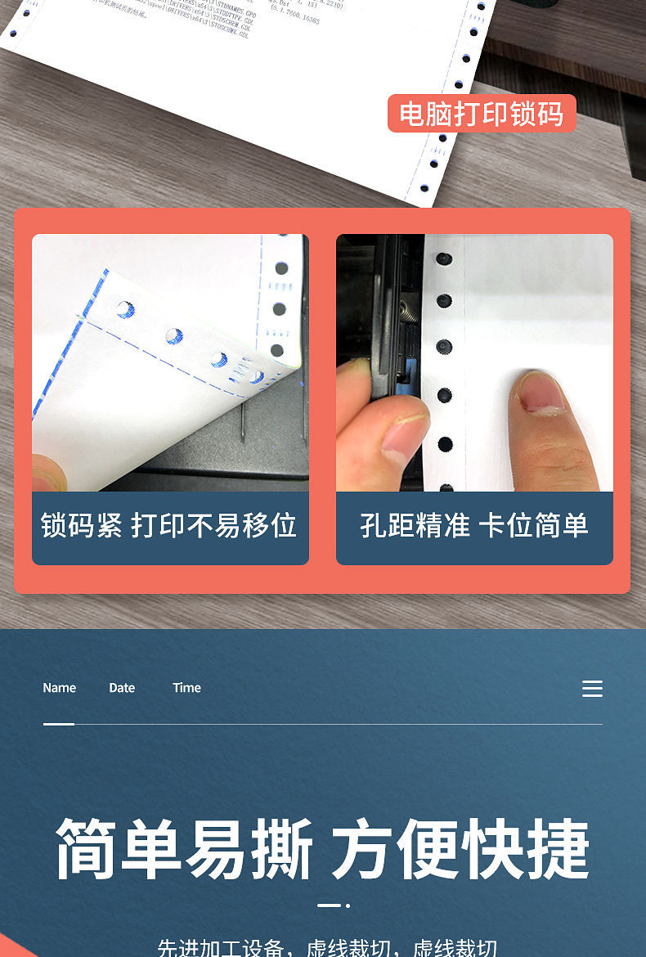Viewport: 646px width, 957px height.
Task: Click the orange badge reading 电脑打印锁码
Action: [x=482, y=114]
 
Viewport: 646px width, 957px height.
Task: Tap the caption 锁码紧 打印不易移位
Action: [x=169, y=525]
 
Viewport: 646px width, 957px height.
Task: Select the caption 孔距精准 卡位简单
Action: [x=474, y=525]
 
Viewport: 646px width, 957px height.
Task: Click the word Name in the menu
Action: [x=59, y=688]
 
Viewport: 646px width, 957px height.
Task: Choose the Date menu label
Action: [x=122, y=688]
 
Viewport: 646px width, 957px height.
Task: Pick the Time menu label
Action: [x=186, y=688]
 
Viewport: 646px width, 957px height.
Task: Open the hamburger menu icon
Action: [x=592, y=689]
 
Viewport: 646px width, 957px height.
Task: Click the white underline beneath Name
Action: [x=59, y=724]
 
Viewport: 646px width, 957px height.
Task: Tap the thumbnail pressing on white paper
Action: [x=541, y=393]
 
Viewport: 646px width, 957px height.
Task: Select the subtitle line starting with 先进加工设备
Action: [x=327, y=948]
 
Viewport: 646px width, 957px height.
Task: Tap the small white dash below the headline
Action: [x=329, y=905]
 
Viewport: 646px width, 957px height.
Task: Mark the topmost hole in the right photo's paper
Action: [x=444, y=259]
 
